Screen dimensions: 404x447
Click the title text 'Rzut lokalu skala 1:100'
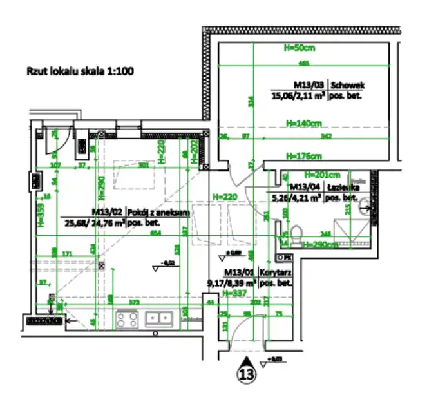79,72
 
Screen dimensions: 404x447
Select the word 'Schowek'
347,84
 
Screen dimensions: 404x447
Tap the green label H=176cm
303,156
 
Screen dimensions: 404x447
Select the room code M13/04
303,188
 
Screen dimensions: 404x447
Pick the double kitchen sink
158,318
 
